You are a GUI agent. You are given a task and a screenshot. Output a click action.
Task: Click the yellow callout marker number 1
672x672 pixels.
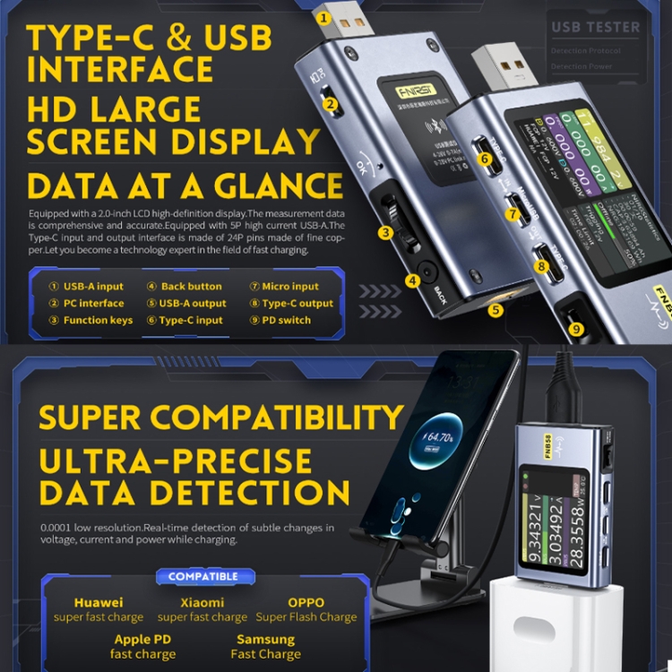point(324,16)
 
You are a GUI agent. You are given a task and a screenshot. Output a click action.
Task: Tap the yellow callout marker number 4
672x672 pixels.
point(412,280)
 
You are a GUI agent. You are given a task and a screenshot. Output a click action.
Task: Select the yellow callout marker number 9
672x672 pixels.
point(576,329)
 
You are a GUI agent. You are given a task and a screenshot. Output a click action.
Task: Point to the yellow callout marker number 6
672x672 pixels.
point(486,159)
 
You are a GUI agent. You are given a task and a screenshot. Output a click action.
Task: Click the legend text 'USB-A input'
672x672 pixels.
point(93,287)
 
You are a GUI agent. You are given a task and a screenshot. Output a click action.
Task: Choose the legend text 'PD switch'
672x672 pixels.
point(286,320)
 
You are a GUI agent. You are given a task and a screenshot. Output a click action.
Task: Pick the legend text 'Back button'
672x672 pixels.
point(191,287)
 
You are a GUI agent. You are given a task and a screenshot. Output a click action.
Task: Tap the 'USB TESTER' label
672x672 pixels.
point(596,27)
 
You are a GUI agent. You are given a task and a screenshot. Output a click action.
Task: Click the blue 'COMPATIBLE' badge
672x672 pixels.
point(203,576)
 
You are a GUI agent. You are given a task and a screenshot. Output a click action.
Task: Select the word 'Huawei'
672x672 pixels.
point(99,602)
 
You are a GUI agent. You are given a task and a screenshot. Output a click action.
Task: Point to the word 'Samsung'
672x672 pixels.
point(265,640)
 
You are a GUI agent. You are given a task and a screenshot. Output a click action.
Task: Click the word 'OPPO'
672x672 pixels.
point(306,602)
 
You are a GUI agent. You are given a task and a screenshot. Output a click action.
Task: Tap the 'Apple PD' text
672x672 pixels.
point(143,640)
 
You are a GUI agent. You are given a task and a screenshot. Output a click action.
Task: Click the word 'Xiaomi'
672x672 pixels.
point(202,602)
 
